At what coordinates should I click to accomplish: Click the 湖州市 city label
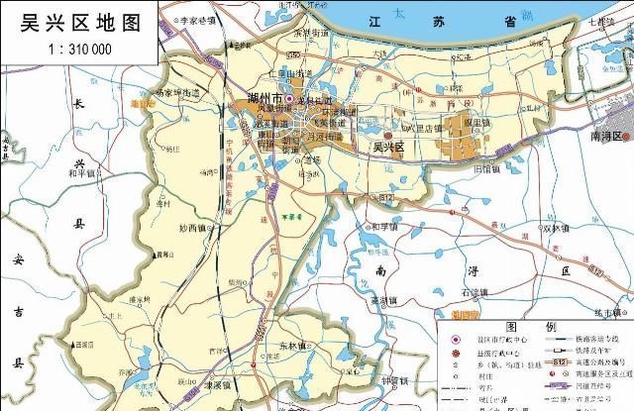262,100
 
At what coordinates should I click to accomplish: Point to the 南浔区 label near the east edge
602,135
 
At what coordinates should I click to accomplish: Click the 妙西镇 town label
196,228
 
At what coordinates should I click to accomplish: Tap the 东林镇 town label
293,346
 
